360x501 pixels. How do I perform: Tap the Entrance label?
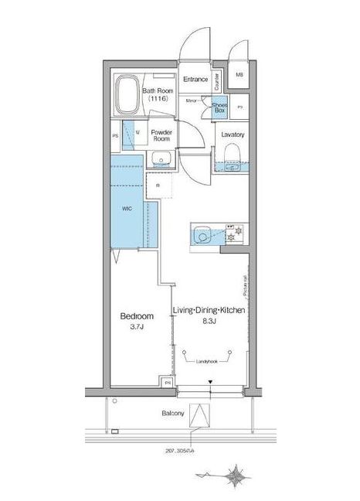pos(195,80)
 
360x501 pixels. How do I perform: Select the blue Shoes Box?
pos(219,107)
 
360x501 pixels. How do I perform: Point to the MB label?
pos(239,75)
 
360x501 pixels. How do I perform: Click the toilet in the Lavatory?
pos(233,164)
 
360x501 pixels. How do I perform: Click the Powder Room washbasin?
pos(161,159)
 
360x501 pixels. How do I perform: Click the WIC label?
pos(127,209)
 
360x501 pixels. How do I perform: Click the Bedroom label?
pos(137,316)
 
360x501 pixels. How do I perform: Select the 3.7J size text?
pos(137,328)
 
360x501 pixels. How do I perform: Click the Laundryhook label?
pos(206,361)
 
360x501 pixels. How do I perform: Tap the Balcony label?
pos(172,413)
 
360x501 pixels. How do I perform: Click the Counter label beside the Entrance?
pos(216,80)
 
